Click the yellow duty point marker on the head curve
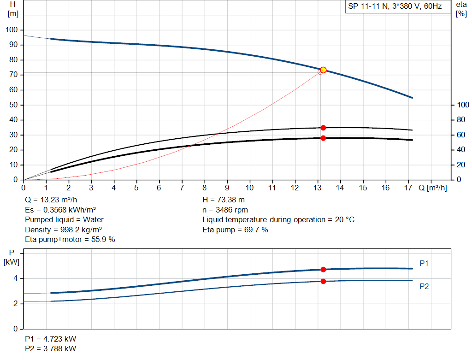click(x=323, y=70)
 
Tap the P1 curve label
click(x=424, y=263)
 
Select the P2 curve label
click(x=424, y=286)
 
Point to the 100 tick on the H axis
click(x=12, y=30)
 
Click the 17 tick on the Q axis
click(x=408, y=188)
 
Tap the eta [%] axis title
click(x=461, y=9)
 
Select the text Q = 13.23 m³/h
click(x=51, y=200)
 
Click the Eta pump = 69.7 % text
click(x=235, y=230)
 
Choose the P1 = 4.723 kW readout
click(x=51, y=339)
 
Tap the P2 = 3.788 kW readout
click(x=51, y=348)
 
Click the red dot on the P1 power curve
click(x=323, y=270)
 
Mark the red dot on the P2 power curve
click(x=323, y=281)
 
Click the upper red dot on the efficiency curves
click(x=323, y=128)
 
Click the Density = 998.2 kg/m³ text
click(x=64, y=230)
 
